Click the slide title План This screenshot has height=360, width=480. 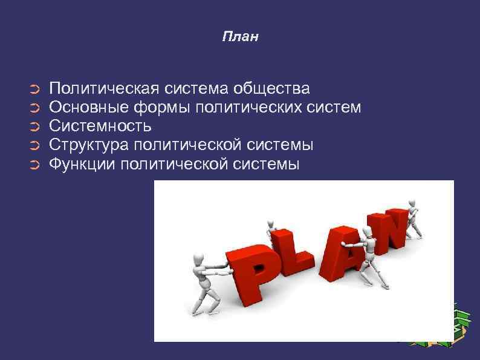pyautogui.click(x=240, y=38)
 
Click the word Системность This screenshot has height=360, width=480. pyautogui.click(x=100, y=126)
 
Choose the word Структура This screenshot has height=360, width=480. pyautogui.click(x=89, y=145)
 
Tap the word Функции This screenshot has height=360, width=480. pyautogui.click(x=82, y=164)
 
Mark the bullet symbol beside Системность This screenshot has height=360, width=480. pyautogui.click(x=34, y=127)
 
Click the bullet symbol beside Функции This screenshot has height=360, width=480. pyautogui.click(x=34, y=165)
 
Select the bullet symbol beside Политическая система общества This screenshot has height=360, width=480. pyautogui.click(x=34, y=90)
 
